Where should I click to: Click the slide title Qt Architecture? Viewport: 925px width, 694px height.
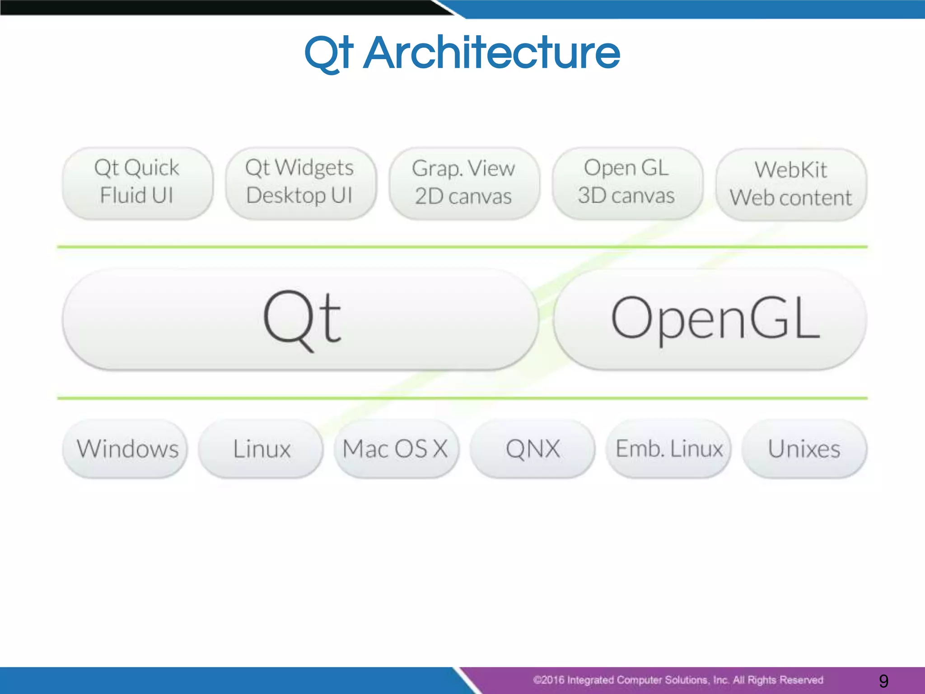pos(462,53)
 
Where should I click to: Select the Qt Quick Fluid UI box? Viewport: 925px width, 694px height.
pos(137,183)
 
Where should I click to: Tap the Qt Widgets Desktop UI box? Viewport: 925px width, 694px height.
pos(300,183)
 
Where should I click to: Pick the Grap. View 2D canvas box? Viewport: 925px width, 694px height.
pos(464,183)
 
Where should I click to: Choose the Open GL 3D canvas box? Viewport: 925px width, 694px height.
pos(627,183)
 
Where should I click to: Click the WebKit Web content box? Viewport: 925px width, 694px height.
pos(791,184)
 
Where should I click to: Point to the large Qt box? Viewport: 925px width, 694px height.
pos(300,319)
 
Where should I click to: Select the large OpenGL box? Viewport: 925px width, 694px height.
pos(710,319)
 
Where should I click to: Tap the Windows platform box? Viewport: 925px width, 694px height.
pos(125,449)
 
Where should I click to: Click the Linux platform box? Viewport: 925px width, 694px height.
pos(261,449)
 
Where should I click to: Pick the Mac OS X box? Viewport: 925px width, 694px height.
pos(396,449)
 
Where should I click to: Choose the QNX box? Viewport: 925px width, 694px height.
pos(533,449)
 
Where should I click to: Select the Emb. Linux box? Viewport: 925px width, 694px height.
pos(668,449)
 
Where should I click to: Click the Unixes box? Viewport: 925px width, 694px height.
pos(804,449)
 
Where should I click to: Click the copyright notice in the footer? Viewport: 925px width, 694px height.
pos(677,680)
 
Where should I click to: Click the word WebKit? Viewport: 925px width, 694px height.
pos(791,170)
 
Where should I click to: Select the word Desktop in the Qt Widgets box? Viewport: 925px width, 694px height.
pos(285,196)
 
